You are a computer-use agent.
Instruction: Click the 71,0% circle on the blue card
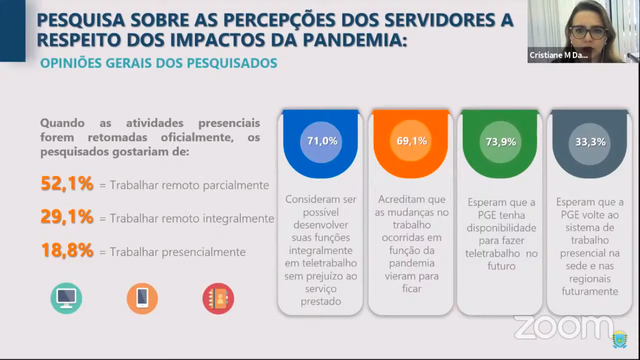pos(321,142)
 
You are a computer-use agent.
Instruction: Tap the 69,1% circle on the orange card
pos(411,141)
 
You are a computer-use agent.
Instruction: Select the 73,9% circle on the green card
pos(500,142)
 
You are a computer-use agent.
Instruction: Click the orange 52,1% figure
pos(67,183)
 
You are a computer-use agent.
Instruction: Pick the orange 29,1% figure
pos(67,217)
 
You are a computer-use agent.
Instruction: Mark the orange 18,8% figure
pos(67,250)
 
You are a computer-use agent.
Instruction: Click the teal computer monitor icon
pos(66,298)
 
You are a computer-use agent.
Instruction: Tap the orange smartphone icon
pos(142,299)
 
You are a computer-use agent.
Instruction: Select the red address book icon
pos(218,299)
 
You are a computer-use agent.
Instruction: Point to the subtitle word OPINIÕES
pos(71,63)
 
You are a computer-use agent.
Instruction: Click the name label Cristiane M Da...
pos(558,55)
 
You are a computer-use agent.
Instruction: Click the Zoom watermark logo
pos(564,327)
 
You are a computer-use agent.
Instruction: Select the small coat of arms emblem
pos(619,339)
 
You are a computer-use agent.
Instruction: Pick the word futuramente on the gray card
pos(590,292)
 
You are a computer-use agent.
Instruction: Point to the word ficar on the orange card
pos(412,288)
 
